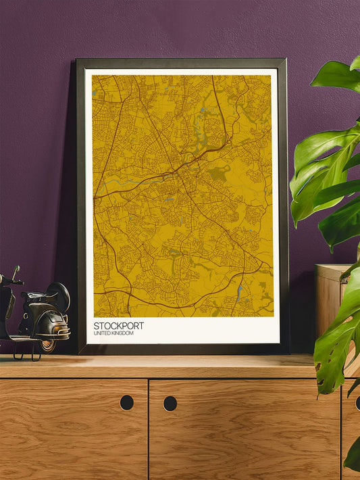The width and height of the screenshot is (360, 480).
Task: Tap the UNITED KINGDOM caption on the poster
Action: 114,334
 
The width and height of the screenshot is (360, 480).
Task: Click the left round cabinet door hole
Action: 126,402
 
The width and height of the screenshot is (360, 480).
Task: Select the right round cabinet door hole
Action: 170,404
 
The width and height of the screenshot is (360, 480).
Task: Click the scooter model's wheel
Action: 48,345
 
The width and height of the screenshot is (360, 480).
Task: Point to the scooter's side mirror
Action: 16,270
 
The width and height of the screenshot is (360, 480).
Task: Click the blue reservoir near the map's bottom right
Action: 239,293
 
